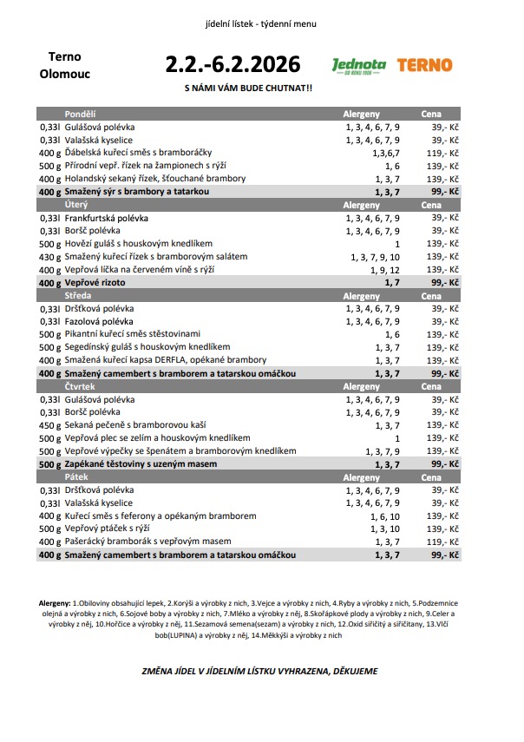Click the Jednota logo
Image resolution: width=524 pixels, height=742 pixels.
(x=358, y=66)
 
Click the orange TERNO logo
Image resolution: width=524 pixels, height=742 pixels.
(x=424, y=65)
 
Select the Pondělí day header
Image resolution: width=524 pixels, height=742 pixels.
(x=80, y=114)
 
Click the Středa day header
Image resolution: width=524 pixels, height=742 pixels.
(x=77, y=296)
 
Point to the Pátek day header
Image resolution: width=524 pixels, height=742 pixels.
(x=75, y=477)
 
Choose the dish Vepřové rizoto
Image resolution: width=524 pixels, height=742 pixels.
(x=95, y=283)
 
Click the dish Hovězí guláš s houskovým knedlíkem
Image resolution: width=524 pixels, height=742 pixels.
(x=138, y=244)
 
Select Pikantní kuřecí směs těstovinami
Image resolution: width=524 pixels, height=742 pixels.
(x=132, y=334)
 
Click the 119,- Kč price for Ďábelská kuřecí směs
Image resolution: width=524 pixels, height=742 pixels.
(x=443, y=152)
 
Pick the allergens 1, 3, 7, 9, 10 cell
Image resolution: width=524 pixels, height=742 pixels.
(x=375, y=257)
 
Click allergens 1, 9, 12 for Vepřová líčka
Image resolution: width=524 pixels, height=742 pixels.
(x=375, y=270)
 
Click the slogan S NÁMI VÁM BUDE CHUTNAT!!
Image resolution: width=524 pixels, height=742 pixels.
(x=249, y=89)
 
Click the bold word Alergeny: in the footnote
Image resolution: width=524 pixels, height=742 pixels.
(x=56, y=602)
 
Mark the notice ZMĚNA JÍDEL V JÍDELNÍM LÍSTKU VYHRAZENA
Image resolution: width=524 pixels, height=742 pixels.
(x=259, y=671)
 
